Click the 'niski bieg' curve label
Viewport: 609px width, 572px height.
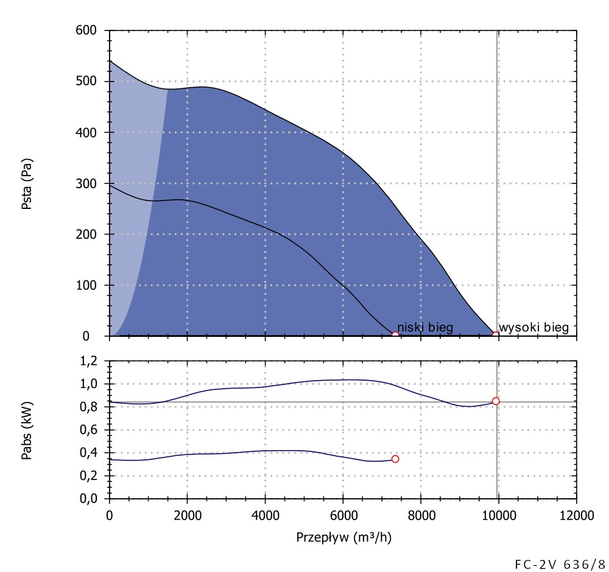(x=425, y=328)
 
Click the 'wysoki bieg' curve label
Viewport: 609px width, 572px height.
(x=533, y=328)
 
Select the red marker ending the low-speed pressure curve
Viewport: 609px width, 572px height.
(x=395, y=336)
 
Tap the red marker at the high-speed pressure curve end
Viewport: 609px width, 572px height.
(x=496, y=336)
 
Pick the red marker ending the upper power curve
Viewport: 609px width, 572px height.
(x=496, y=401)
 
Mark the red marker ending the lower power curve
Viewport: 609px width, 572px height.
(x=395, y=459)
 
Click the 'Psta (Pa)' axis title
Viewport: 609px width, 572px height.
(x=27, y=184)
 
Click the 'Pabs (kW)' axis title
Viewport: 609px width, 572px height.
(x=27, y=430)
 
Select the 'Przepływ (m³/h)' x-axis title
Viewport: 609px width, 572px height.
(x=343, y=537)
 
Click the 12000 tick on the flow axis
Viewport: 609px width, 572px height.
(x=576, y=515)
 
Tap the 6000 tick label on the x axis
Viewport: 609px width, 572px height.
(x=343, y=515)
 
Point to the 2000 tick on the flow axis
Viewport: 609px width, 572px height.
(x=187, y=515)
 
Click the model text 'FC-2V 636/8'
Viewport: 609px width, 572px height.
(x=560, y=563)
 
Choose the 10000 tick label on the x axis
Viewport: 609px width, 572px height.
(x=499, y=515)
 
